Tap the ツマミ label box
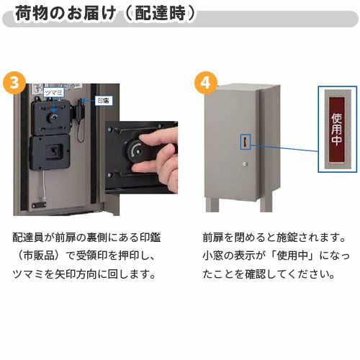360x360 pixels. (x=54, y=92)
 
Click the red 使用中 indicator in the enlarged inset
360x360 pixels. (x=336, y=130)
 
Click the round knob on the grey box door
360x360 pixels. (x=245, y=168)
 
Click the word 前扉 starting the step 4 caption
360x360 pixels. (x=212, y=238)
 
